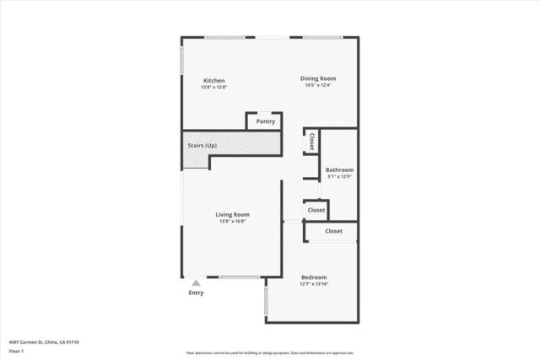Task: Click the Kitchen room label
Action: [x=213, y=81]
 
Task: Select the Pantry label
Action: [x=266, y=121]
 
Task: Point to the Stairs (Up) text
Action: [x=202, y=146]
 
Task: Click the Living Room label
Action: [x=233, y=214]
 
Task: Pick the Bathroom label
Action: [x=339, y=169]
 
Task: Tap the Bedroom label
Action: [x=314, y=277]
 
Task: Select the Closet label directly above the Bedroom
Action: [x=333, y=231]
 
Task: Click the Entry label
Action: [x=196, y=293]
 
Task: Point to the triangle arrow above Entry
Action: [x=196, y=283]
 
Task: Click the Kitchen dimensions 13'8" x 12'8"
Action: [x=213, y=88]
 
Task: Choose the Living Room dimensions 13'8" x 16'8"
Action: [x=233, y=221]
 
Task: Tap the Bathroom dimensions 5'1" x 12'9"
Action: [x=339, y=176]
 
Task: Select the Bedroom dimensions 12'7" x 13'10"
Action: [x=314, y=284]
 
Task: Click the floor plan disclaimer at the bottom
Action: [x=270, y=352]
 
